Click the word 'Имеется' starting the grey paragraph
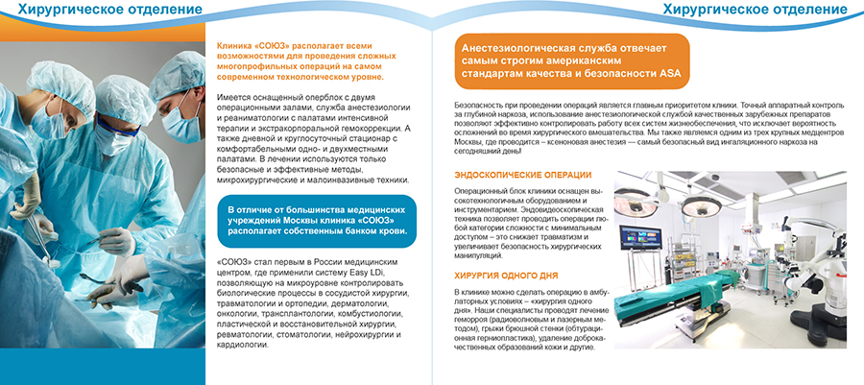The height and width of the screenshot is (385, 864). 235,97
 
